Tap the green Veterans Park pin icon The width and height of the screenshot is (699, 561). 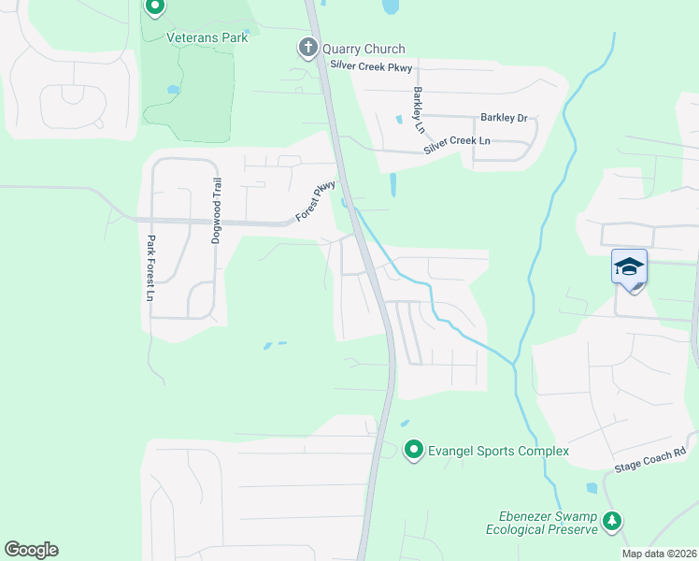click(x=155, y=7)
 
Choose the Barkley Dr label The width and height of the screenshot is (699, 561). click(x=504, y=118)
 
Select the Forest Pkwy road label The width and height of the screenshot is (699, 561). click(x=316, y=201)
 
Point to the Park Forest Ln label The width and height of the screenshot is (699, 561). click(x=149, y=267)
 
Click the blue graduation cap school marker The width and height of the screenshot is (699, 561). click(x=629, y=267)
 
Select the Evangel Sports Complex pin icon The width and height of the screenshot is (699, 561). click(x=413, y=451)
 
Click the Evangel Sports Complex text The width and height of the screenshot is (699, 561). click(x=498, y=452)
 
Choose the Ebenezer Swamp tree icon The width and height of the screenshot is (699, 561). click(x=612, y=520)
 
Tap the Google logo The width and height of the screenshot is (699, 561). click(x=31, y=550)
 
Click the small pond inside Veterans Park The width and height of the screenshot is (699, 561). click(x=172, y=90)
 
